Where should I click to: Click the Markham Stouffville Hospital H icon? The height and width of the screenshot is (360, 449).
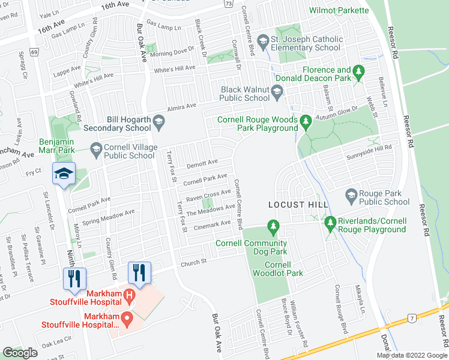(x=128, y=295)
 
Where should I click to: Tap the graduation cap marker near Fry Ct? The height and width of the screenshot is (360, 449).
(x=64, y=173)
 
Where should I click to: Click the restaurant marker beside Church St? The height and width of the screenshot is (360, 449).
(x=139, y=273)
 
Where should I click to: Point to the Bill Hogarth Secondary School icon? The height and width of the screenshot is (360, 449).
(x=159, y=123)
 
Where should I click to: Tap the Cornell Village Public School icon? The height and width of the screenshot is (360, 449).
(x=96, y=148)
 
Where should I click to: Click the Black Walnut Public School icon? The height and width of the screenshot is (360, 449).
(x=277, y=92)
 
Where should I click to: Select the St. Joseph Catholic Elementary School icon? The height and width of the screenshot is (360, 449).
(x=263, y=40)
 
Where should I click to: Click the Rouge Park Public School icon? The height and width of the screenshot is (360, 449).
(x=351, y=194)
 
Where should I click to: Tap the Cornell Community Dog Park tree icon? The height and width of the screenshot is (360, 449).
(x=274, y=227)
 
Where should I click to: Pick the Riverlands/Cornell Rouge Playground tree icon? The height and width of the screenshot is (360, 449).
(x=330, y=223)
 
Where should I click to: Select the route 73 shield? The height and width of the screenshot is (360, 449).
(x=228, y=4)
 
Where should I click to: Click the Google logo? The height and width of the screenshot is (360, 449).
(x=20, y=353)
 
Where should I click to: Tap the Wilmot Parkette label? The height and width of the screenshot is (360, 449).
(x=339, y=10)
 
